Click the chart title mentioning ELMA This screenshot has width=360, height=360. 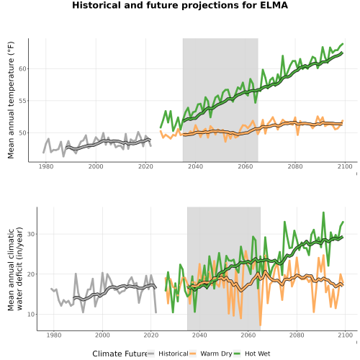tap(180, 5)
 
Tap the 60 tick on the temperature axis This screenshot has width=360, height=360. tap(22, 69)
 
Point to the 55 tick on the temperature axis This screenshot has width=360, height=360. tap(22, 101)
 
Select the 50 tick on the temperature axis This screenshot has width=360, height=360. tap(22, 133)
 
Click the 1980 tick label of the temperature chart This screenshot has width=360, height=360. tap(46, 166)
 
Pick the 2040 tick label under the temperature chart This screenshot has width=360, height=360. tap(195, 166)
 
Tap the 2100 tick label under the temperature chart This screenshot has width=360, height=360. tap(345, 166)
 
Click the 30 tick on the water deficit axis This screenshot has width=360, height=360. tap(31, 234)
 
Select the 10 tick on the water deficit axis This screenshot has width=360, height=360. tap(31, 314)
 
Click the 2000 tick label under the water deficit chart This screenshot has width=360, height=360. tap(102, 335)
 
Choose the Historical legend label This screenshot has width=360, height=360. tap(174, 354)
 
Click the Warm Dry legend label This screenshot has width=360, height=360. tap(216, 354)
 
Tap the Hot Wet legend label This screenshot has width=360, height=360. tap(258, 354)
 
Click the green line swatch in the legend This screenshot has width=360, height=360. tap(237, 354)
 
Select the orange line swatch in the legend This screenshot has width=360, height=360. tap(193, 354)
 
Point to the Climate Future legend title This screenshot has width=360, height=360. tap(120, 354)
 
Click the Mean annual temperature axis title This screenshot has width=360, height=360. tap(11, 100)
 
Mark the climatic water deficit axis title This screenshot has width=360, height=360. tap(15, 269)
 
